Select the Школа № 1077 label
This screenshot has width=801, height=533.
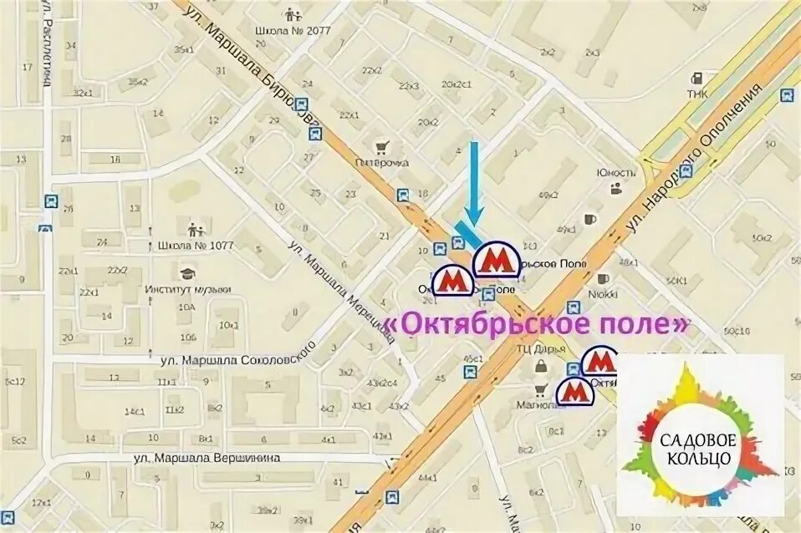coord(195,246)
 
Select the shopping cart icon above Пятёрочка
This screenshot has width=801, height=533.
coord(382,147)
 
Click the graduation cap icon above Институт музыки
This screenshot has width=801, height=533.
coord(187,273)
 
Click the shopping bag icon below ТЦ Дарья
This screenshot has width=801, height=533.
coord(541,367)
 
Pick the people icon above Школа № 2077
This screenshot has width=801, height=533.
coord(292,15)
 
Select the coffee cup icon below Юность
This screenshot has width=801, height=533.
coord(591,219)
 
